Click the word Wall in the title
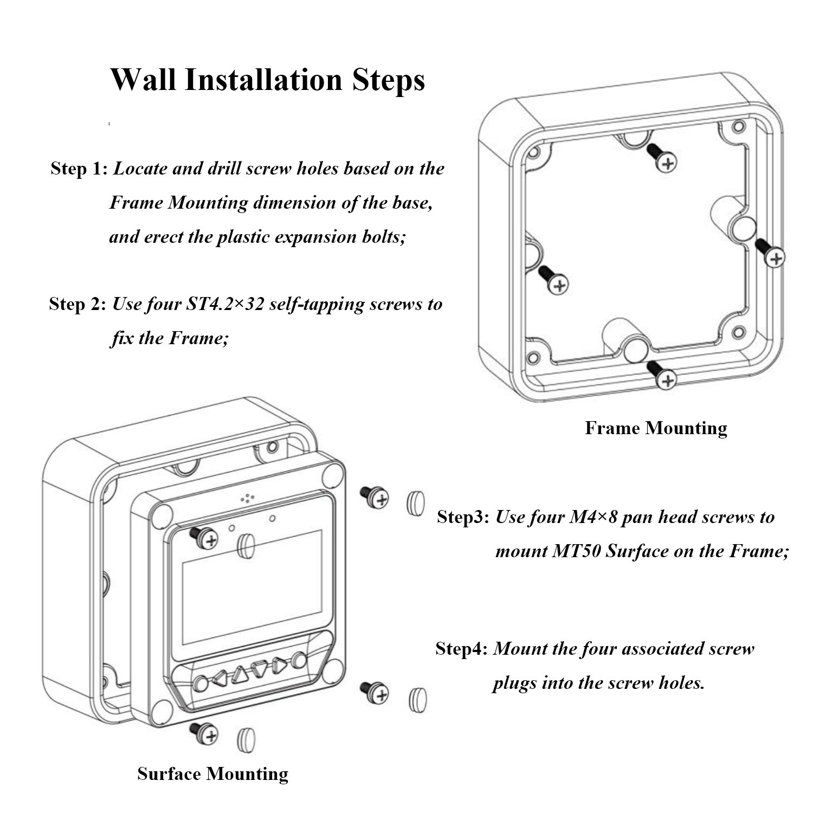[x=143, y=79]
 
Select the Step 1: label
[x=79, y=169]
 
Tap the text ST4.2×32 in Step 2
[x=225, y=304]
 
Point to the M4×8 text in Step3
[x=592, y=517]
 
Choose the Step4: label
[x=462, y=648]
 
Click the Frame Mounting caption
[x=656, y=428]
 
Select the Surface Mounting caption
[x=212, y=773]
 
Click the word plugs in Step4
[x=514, y=683]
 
